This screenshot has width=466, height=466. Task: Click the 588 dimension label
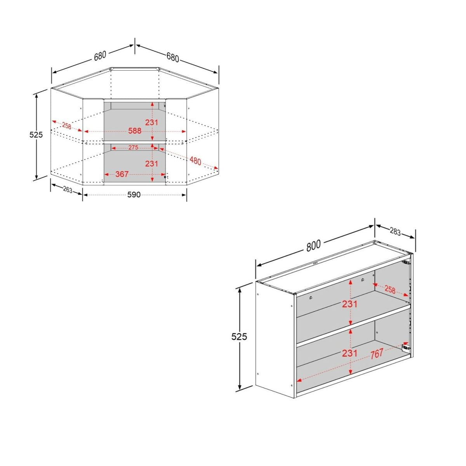(x=135, y=131)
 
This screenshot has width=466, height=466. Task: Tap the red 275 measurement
(x=133, y=148)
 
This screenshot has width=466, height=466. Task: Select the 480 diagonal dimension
(x=195, y=160)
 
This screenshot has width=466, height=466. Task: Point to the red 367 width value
(x=122, y=174)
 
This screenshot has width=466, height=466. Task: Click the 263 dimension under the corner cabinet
(x=68, y=190)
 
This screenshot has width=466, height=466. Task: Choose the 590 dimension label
(x=134, y=195)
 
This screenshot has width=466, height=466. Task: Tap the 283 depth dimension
(x=395, y=232)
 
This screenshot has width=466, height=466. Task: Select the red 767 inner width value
(x=377, y=353)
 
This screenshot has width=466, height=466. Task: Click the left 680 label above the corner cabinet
(x=100, y=56)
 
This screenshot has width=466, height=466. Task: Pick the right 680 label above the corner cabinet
(x=173, y=57)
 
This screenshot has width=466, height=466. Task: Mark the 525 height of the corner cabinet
(x=36, y=134)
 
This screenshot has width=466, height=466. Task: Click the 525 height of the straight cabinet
(x=239, y=336)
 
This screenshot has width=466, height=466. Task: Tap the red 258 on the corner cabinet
(x=66, y=126)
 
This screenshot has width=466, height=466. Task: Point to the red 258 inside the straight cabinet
(x=390, y=290)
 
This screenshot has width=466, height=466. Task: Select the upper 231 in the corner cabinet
(x=151, y=122)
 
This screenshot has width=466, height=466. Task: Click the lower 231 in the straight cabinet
(x=349, y=353)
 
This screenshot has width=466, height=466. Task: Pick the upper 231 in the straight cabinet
(x=349, y=304)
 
